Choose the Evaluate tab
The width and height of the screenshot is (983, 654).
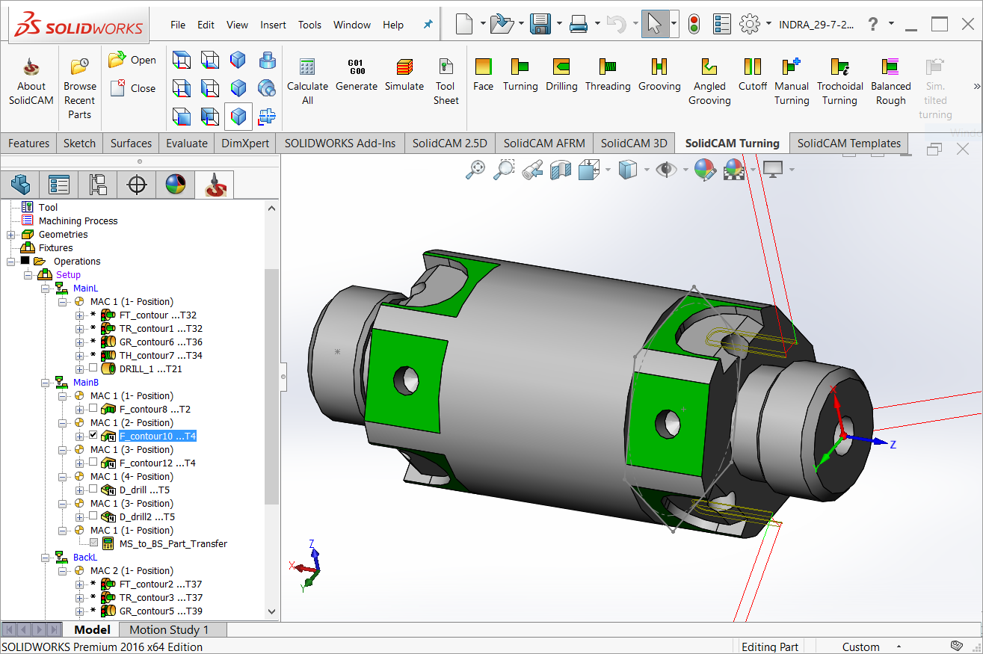point(187,144)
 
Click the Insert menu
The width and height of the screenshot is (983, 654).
point(273,25)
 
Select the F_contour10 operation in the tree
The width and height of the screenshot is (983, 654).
point(157,436)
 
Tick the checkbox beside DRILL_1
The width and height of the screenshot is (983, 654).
point(93,368)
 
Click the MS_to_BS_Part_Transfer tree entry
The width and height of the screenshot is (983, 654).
point(173,544)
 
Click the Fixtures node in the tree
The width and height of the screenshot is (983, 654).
point(55,248)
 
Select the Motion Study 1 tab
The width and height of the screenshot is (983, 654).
point(169,630)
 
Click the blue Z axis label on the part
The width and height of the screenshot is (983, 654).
point(893,445)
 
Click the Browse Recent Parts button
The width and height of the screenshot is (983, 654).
point(79,88)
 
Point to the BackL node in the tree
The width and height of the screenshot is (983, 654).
point(84,558)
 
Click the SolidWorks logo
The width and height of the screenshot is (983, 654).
point(79,25)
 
